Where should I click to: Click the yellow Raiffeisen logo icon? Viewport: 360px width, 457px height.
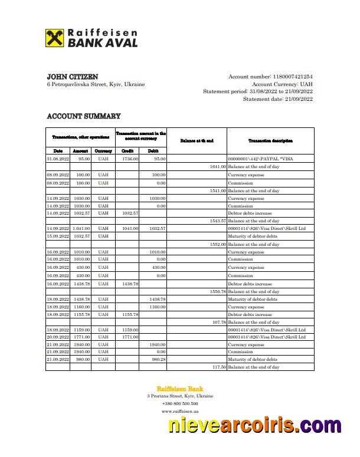pyautogui.click(x=55, y=39)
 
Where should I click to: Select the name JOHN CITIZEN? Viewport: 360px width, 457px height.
pyautogui.click(x=73, y=77)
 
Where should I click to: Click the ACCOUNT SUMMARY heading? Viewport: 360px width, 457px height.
pyautogui.click(x=83, y=116)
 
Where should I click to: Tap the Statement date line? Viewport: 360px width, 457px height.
pyautogui.click(x=277, y=99)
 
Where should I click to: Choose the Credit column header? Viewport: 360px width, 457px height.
pyautogui.click(x=127, y=151)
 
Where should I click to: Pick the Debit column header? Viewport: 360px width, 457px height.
pyautogui.click(x=153, y=151)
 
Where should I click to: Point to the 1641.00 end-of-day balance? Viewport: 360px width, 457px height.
pyautogui.click(x=217, y=166)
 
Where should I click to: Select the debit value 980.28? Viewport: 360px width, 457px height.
pyautogui.click(x=158, y=359)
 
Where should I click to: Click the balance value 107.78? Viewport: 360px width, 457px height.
pyautogui.click(x=218, y=322)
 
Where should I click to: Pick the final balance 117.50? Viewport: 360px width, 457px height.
pyautogui.click(x=218, y=367)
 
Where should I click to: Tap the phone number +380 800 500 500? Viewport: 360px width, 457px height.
pyautogui.click(x=180, y=403)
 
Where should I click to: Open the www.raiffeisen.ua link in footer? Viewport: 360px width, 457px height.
pyautogui.click(x=180, y=411)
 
